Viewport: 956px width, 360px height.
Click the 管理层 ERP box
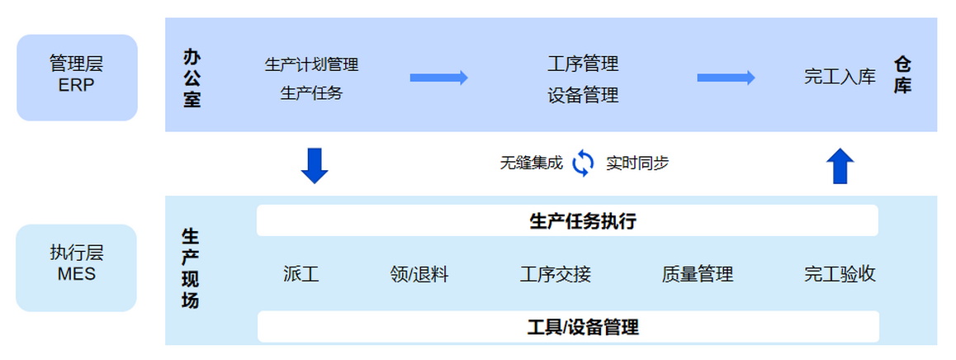(77, 78)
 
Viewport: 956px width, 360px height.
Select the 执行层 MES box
(76, 268)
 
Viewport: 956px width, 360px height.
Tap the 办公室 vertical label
(192, 78)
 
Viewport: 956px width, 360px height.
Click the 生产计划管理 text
(311, 64)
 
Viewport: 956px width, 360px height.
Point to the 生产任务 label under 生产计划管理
(311, 93)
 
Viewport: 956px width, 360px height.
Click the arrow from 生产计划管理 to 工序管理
(439, 78)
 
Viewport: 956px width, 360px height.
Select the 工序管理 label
(583, 64)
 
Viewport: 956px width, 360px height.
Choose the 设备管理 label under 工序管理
(583, 95)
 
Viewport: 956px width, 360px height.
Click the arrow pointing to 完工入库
(726, 78)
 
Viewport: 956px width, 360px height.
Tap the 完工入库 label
(840, 77)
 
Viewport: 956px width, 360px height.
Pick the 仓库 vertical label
(903, 76)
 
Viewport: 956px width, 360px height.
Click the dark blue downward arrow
(315, 165)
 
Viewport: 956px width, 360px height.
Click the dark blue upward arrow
(840, 166)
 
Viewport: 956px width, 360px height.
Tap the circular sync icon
(583, 163)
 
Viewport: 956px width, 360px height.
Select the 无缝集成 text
(531, 163)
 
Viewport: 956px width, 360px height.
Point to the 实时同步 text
(637, 163)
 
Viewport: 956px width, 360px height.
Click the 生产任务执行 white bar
(567, 220)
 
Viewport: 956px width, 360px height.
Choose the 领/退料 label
(419, 275)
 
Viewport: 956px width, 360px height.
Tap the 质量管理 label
(698, 275)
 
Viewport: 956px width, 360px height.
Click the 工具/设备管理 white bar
(568, 327)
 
